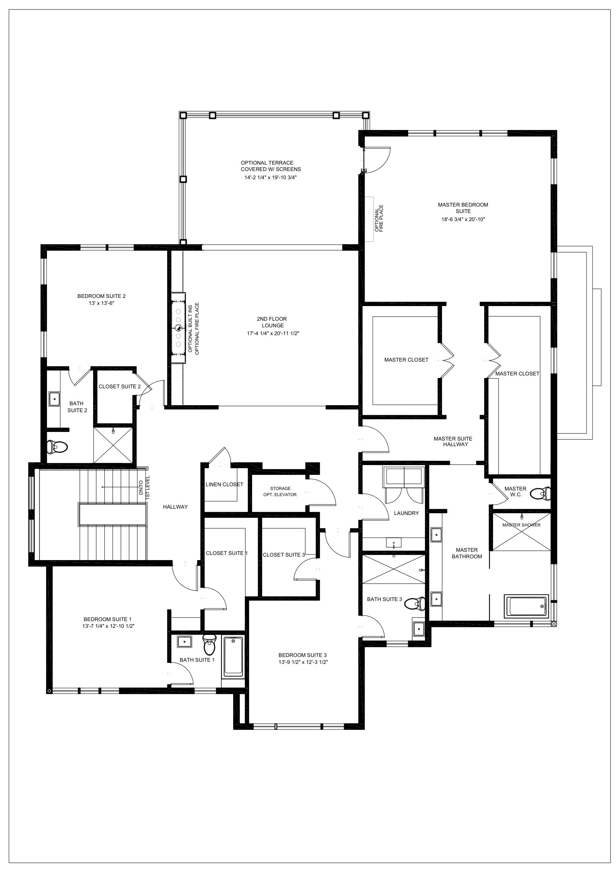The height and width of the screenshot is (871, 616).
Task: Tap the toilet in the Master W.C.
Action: pyautogui.click(x=540, y=493)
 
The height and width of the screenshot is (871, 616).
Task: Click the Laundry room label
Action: pyautogui.click(x=406, y=513)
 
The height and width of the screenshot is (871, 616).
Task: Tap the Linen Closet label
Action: pyautogui.click(x=224, y=484)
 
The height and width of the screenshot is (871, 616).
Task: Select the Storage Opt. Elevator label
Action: pyautogui.click(x=280, y=492)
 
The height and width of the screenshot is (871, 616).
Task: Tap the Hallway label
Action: pyautogui.click(x=175, y=507)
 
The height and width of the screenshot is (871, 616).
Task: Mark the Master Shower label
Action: pyautogui.click(x=521, y=525)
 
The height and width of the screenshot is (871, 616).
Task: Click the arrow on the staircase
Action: pyautogui.click(x=121, y=487)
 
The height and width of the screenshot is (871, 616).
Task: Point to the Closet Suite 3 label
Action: pyautogui.click(x=284, y=554)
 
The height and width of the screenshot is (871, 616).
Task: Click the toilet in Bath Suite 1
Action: pyautogui.click(x=209, y=643)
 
